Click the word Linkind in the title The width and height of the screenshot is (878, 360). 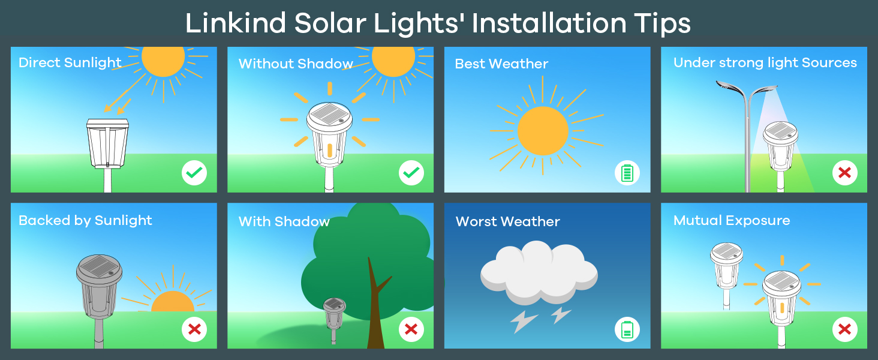click(236, 23)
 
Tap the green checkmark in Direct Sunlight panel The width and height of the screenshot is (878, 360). click(194, 173)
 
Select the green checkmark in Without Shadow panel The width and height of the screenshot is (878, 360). click(411, 173)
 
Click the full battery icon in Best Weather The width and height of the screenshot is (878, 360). click(627, 173)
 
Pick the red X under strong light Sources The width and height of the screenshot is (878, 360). click(844, 173)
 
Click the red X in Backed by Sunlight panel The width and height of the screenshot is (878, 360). click(194, 329)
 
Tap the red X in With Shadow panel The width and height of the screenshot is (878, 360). click(411, 329)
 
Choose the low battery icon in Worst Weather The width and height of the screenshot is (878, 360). click(627, 329)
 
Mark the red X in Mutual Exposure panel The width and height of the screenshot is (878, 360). click(844, 329)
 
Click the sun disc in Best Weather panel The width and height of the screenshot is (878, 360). click(543, 131)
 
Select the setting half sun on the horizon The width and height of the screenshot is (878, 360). click(173, 302)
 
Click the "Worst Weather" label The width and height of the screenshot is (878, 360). click(507, 221)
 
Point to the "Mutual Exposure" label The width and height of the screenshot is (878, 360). click(732, 220)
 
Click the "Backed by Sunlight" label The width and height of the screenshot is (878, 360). click(85, 221)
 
